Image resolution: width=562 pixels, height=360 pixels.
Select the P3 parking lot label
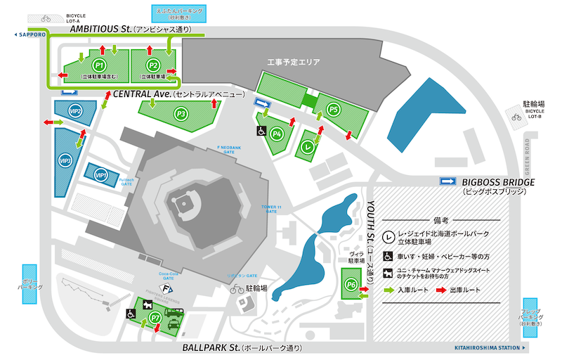point(182,112)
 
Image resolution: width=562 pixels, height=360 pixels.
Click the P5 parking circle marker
point(334,109)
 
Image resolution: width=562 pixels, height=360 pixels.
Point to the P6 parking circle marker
point(352,284)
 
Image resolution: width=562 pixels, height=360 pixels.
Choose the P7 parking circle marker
point(156,318)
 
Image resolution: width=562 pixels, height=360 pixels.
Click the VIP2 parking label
point(74,111)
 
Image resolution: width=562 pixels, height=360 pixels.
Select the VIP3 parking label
point(67,160)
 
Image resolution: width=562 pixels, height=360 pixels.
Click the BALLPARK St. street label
point(210,348)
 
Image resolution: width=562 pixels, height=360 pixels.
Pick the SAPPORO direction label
point(31,34)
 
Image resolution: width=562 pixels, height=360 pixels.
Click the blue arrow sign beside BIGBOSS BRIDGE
point(447,181)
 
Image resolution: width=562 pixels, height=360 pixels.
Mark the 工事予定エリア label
point(294,63)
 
